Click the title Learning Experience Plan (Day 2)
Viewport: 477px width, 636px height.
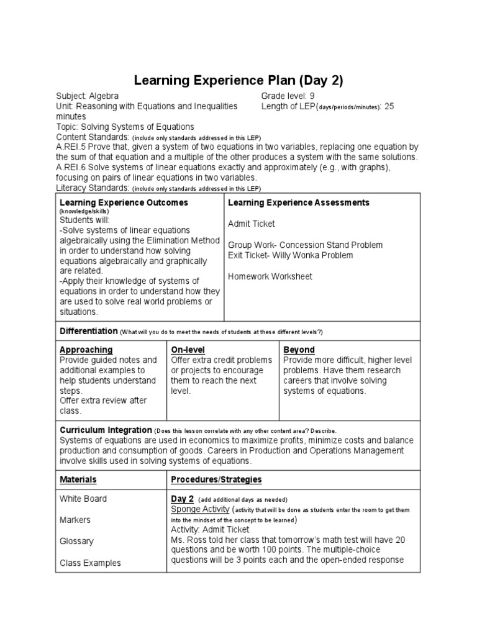click(238, 81)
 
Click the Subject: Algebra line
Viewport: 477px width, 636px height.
click(87, 96)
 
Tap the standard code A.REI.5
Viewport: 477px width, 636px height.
click(73, 147)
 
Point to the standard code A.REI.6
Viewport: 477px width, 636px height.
click(73, 168)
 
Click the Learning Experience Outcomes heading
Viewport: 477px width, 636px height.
click(124, 202)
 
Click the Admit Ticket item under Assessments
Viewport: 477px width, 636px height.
click(251, 224)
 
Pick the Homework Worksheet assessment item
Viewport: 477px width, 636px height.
click(270, 276)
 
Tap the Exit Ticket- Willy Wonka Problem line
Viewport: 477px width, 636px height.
click(290, 255)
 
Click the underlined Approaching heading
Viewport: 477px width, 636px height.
click(86, 350)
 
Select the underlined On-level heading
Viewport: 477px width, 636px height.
click(188, 350)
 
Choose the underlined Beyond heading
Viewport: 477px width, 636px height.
click(299, 350)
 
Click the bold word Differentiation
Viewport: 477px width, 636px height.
click(88, 331)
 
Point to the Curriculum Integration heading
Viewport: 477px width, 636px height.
click(106, 430)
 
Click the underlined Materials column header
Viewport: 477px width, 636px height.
click(78, 479)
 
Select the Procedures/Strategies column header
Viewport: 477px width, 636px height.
click(216, 479)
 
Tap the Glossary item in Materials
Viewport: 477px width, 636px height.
click(76, 541)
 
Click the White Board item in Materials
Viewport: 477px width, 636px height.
click(83, 498)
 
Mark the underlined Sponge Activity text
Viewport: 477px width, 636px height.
click(201, 509)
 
